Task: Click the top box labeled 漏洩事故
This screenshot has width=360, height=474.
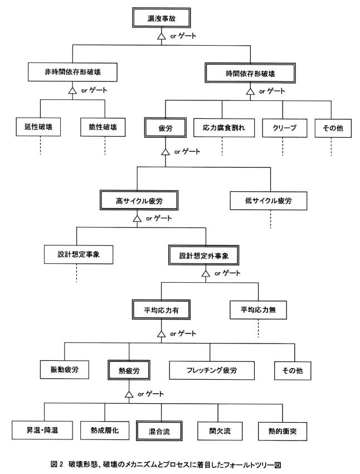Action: coord(161,18)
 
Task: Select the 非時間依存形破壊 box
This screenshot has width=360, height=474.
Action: coord(72,72)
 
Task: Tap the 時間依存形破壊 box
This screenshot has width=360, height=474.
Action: coord(250,73)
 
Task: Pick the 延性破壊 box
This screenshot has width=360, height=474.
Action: coord(38,127)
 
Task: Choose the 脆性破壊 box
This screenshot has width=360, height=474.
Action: coord(103,127)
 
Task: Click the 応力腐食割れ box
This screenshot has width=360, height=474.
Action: coord(224,128)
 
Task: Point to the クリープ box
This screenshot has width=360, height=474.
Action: coord(285,128)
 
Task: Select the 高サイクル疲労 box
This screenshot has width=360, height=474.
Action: coord(139,200)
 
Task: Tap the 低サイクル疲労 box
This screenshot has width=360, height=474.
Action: coord(269,200)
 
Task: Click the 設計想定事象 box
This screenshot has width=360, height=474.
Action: coord(79,254)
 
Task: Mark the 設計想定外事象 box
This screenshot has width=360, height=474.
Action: coord(204,255)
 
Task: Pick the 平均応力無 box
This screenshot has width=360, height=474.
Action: coord(258,310)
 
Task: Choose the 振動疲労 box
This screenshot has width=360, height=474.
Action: coord(64,370)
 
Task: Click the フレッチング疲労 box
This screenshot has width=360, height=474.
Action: coord(212,370)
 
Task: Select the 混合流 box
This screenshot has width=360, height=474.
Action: coord(159,431)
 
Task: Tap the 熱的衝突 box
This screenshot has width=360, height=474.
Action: coord(283,432)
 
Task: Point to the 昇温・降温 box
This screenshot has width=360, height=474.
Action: coord(42,430)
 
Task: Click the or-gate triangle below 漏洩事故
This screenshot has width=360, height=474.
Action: coord(162,36)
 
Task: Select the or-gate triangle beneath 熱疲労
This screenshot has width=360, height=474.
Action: coord(129,394)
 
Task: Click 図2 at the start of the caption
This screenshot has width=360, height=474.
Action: coord(56,464)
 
